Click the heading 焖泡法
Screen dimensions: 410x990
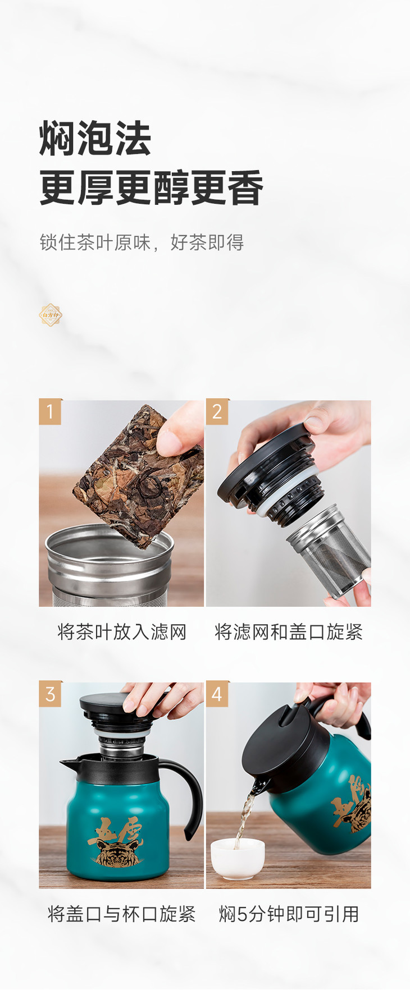[x=95, y=138]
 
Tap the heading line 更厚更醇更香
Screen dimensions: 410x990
[x=151, y=188]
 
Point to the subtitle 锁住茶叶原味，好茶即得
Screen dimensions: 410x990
[x=142, y=242]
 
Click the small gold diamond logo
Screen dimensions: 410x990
[x=51, y=315]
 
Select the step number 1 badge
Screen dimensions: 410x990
[x=50, y=411]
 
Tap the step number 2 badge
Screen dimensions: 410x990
[x=217, y=411]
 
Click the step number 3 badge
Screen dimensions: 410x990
[x=50, y=694]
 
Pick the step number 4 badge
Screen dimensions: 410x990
[x=217, y=694]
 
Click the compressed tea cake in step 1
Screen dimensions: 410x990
[x=138, y=474]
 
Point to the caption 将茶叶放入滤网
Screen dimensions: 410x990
[x=122, y=632]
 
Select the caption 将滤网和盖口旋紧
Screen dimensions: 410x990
[x=289, y=632]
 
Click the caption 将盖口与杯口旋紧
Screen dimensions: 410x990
[x=122, y=914]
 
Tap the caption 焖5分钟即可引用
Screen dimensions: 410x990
[x=289, y=914]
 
